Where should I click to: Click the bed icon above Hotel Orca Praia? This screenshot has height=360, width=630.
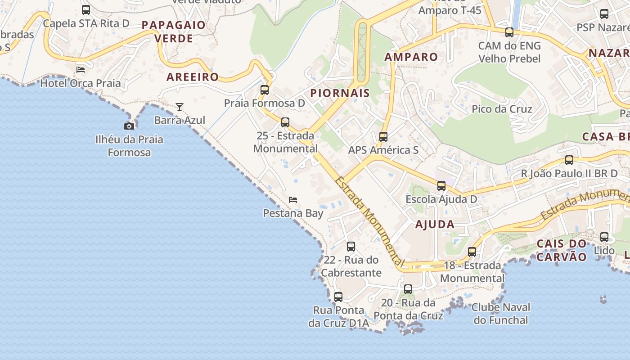coord(81,69)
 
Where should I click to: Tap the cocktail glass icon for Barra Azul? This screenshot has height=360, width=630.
coord(180,107)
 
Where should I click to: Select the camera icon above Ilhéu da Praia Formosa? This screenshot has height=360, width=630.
coord(129,126)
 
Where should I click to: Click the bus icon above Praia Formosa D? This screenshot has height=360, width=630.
coord(265,90)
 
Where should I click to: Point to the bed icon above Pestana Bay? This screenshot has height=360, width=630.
coord(293,199)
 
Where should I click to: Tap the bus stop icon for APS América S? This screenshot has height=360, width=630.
coord(383,137)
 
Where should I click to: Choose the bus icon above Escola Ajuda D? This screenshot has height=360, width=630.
coord(441,186)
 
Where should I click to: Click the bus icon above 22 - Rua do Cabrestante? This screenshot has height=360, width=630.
coord(351,247)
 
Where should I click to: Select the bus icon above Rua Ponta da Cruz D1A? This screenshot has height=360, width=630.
coord(338,297)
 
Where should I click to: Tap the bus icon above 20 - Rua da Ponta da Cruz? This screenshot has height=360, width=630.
coord(408,289)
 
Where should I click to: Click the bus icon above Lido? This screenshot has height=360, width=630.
coord(604,237)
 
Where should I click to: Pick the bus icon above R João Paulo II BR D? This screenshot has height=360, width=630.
coord(569,160)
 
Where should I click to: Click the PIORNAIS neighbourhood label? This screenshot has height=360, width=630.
coord(340,93)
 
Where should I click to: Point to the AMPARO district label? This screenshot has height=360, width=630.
coord(411,57)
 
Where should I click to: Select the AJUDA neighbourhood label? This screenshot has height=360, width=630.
coord(435,224)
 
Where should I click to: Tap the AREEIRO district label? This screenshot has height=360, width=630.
coord(193,77)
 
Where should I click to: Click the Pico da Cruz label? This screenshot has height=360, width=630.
coord(502,109)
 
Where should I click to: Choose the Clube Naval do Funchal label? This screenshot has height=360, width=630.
coord(501,314)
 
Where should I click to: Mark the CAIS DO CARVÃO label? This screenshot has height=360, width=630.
coord(562,250)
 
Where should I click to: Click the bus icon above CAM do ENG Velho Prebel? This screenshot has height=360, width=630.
coord(509,32)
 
